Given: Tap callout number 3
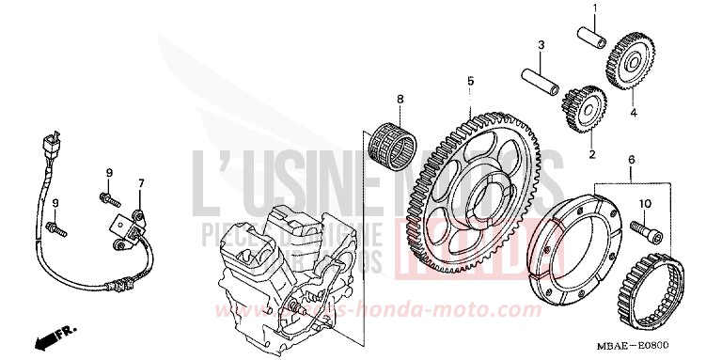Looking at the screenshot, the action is (541, 45).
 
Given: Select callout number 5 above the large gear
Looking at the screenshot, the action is (470, 82).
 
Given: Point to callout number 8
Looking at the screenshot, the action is (399, 99).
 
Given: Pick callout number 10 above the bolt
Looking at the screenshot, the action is (645, 204).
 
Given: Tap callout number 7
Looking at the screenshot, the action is (142, 181).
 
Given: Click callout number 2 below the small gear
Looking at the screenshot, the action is (592, 154).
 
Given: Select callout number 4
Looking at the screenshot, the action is (633, 114).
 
